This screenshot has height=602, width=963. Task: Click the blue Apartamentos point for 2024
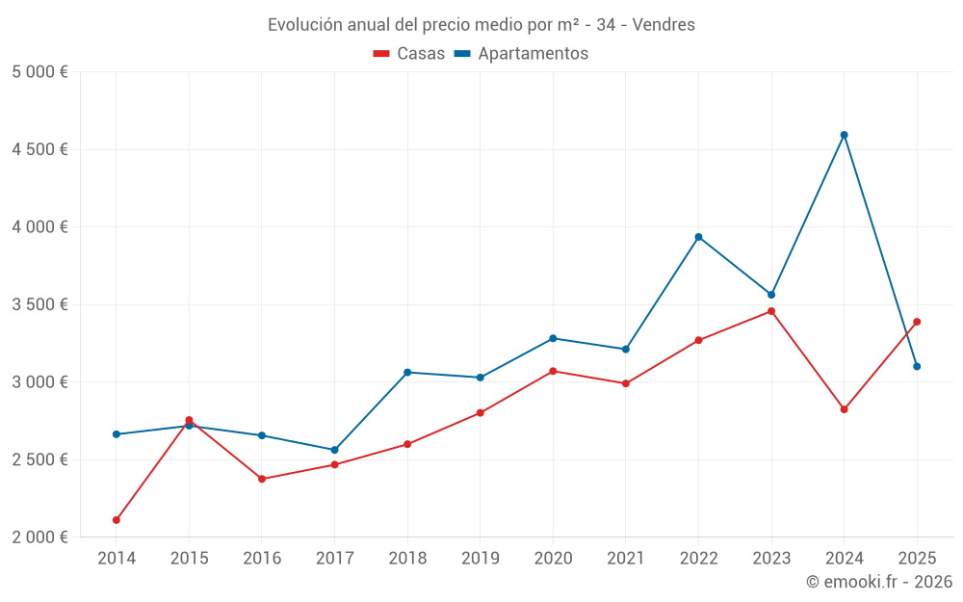pos(844,135)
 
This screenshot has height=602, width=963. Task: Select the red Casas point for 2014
pos(117,520)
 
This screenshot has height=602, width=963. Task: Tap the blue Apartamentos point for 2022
pos(698,237)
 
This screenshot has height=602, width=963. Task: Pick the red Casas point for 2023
pos(771,311)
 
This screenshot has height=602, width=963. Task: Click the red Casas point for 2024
pos(844,409)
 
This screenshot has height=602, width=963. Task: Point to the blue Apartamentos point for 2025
pos(917,366)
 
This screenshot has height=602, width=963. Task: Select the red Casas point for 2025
pos(917,322)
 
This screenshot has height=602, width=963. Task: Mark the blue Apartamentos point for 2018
pos(407,372)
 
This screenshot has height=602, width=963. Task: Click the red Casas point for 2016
pos(262,479)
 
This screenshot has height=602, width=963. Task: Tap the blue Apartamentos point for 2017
pos(334,450)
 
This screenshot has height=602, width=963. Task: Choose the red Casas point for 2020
pos(553,371)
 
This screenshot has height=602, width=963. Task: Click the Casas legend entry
pos(410,54)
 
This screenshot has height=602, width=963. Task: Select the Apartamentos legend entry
pos(521,54)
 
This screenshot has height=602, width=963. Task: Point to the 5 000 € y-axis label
pos(39,72)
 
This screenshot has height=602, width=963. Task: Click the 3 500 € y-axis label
pos(39,304)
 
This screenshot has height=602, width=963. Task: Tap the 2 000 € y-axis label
pos(39,537)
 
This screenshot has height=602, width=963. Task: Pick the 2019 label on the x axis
pos(480,558)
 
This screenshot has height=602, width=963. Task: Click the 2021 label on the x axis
pos(625,558)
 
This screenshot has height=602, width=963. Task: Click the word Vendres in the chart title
pos(664,25)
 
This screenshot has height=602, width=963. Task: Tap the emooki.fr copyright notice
pos(878,582)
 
